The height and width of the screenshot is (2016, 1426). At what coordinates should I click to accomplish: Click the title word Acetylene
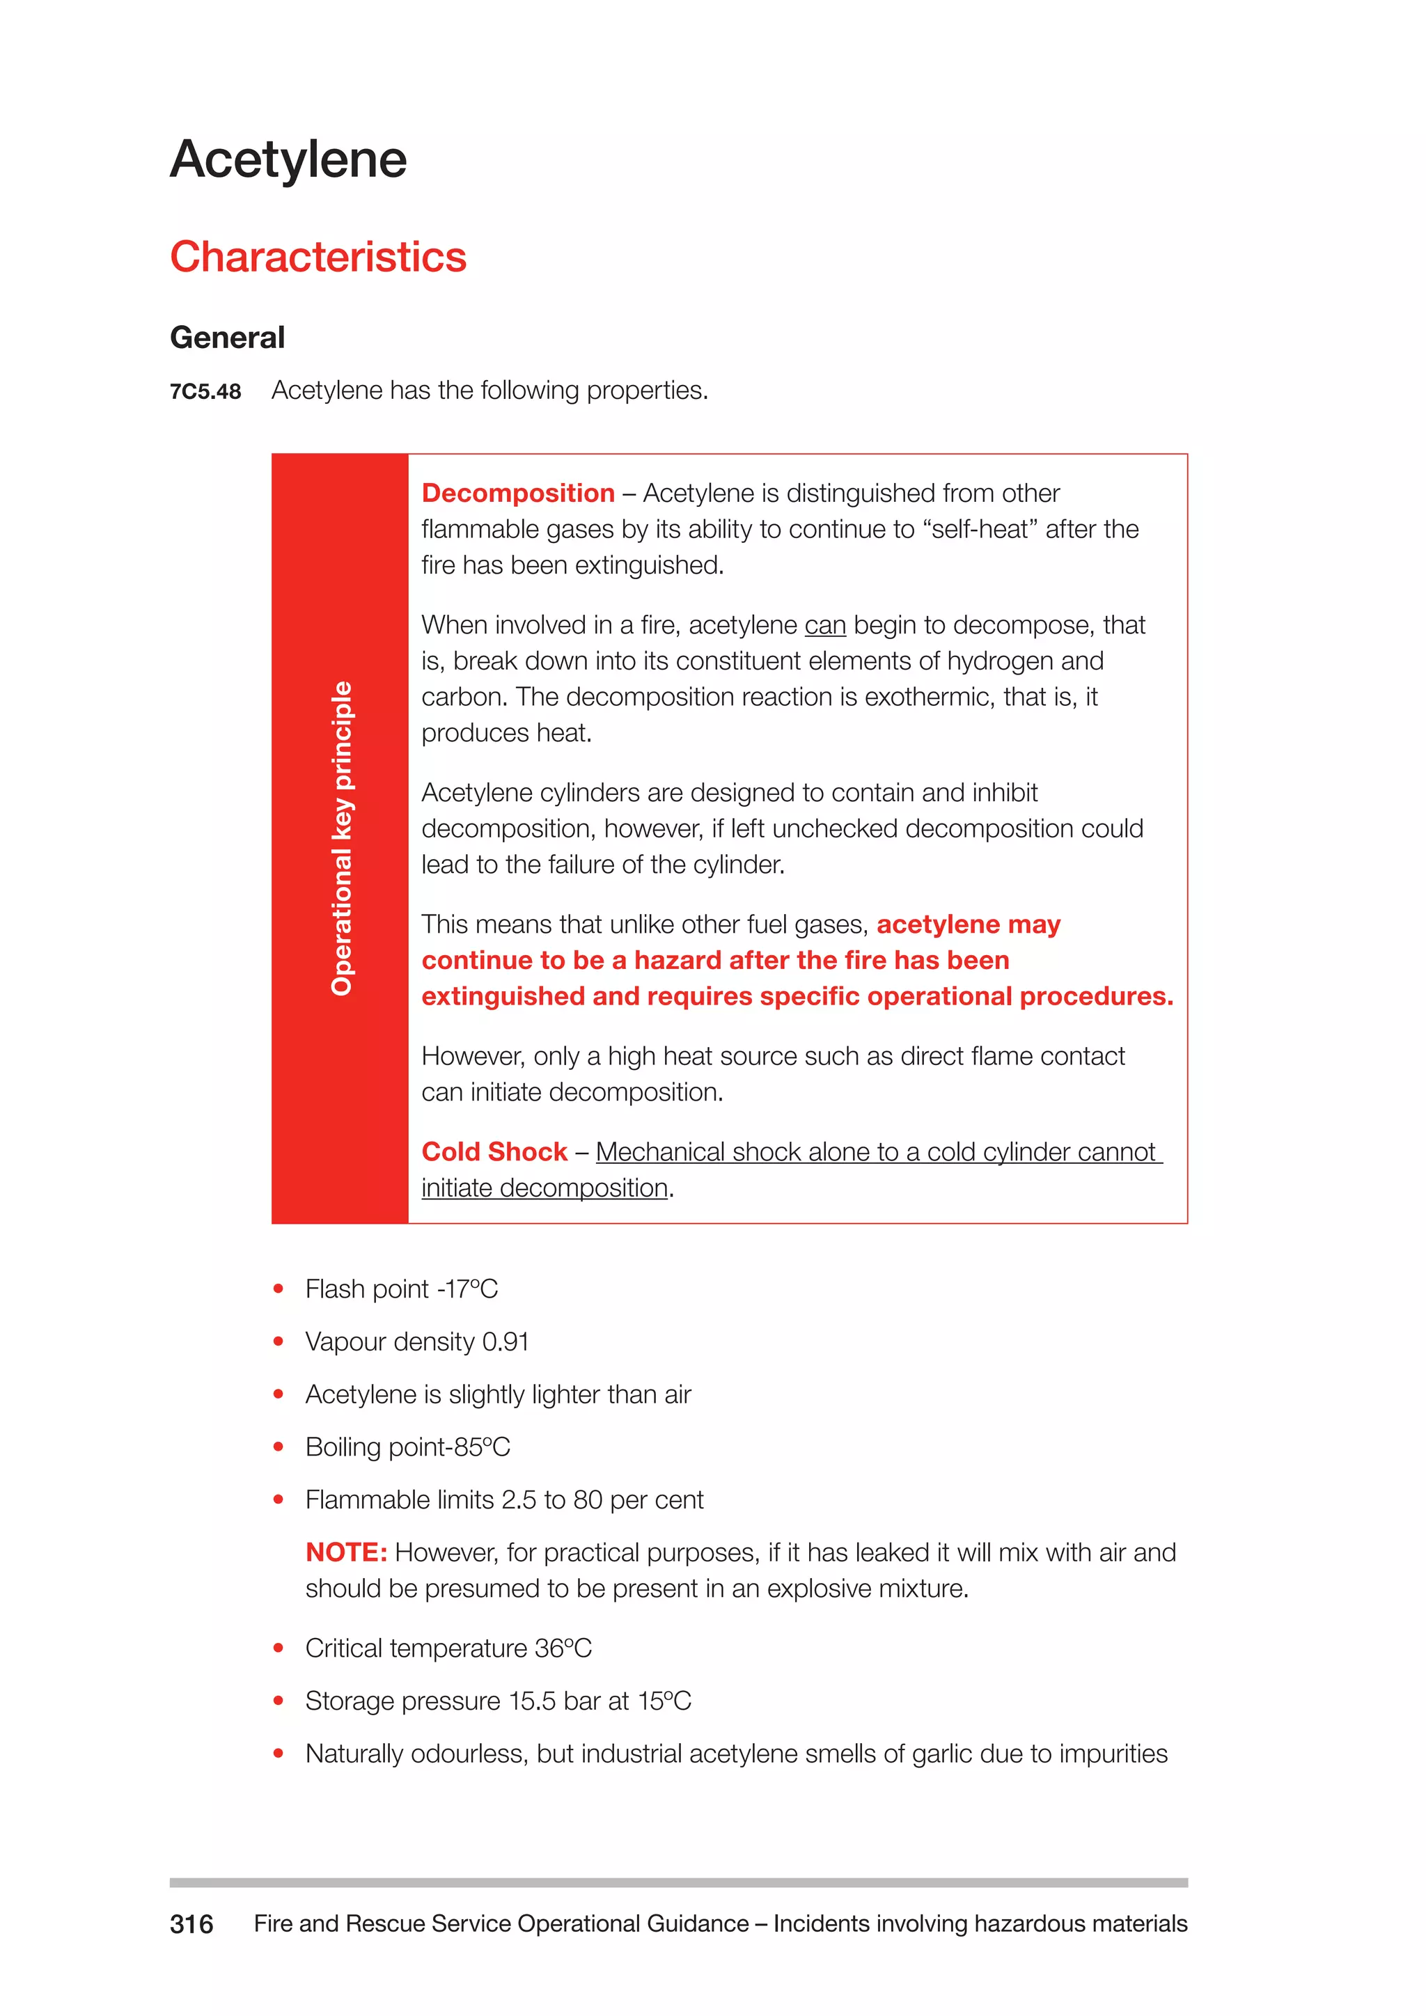288,160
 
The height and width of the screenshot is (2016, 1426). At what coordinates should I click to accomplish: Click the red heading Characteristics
318,258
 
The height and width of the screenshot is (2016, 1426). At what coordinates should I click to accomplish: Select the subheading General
228,337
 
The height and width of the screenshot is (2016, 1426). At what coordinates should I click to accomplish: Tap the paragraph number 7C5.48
205,392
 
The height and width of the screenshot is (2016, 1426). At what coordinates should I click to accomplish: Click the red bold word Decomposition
517,494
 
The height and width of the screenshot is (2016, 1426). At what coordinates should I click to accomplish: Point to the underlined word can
824,625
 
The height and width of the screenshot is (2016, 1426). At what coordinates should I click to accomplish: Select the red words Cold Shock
494,1151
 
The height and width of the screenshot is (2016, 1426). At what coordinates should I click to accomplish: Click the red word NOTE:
346,1552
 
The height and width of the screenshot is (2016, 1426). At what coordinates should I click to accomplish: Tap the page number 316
191,1924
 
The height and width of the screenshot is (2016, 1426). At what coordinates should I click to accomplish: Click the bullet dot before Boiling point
279,1447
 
